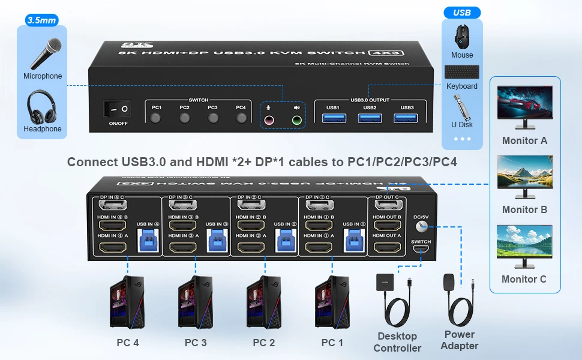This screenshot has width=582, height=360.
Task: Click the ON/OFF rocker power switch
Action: point(117,109)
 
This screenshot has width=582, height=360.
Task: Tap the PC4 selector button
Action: point(241,118)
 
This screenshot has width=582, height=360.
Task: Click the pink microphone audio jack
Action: point(269,120)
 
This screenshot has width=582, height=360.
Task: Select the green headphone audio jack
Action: point(296,120)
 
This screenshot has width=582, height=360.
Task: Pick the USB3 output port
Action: point(407,118)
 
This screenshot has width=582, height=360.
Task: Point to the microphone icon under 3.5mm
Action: point(43,54)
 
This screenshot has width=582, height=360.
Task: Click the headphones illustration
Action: point(43,106)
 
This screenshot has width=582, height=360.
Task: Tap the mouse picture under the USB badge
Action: point(461,37)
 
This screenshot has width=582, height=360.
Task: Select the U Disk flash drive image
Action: point(461,107)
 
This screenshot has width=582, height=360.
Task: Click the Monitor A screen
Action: point(525,102)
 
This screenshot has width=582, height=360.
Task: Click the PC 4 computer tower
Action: point(127,303)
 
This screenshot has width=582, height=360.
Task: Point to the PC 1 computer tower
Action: point(332,303)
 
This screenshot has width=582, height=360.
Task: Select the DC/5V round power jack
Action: point(421,226)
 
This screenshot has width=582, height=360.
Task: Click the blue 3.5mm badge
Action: point(41,20)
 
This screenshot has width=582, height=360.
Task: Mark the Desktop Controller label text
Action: point(397,342)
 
